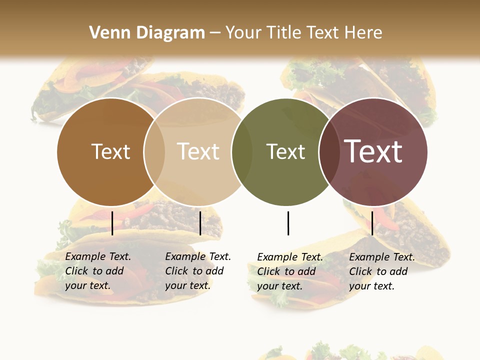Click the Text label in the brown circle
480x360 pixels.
[x=110, y=151]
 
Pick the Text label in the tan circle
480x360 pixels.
[x=198, y=151]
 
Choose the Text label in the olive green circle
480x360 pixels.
[x=285, y=151]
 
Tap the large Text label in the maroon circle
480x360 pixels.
[x=373, y=151]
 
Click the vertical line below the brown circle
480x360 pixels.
[x=112, y=223]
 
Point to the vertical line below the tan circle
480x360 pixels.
[x=200, y=223]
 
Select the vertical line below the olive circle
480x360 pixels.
[x=288, y=223]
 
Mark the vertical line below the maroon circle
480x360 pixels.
[x=372, y=223]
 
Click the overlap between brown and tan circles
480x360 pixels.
[x=154, y=151]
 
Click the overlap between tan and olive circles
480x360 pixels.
[x=242, y=151]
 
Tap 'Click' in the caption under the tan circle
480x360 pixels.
[x=176, y=271]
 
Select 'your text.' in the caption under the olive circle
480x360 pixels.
[x=279, y=286]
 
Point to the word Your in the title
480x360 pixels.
[x=243, y=33]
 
